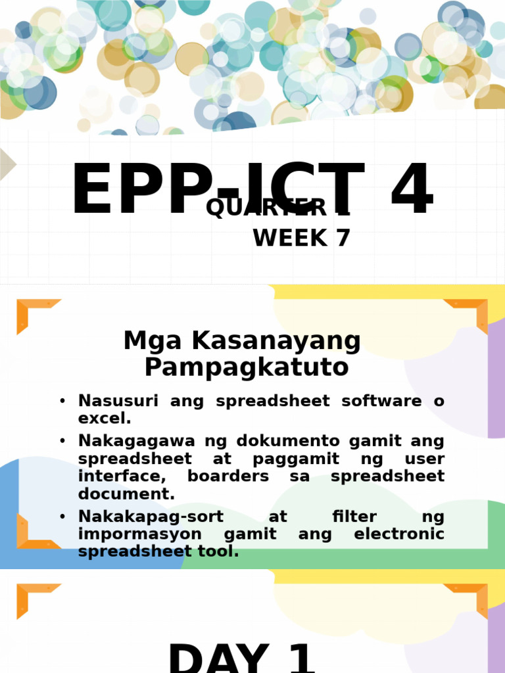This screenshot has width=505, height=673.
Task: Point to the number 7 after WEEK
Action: point(342,239)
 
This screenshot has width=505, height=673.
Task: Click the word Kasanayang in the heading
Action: point(277,341)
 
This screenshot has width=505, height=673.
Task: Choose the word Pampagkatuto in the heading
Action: point(247,367)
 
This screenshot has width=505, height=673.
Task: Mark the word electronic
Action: point(399,534)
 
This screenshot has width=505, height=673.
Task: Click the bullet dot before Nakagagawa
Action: point(62,441)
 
